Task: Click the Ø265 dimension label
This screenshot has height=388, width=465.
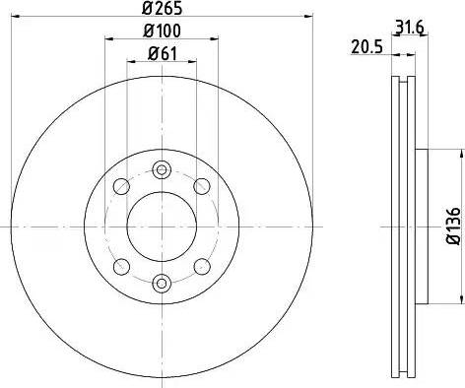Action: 162,8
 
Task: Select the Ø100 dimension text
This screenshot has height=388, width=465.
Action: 162,31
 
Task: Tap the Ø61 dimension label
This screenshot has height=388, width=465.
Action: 163,53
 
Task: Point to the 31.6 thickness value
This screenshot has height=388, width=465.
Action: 410,28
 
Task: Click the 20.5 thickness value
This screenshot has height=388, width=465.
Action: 366,47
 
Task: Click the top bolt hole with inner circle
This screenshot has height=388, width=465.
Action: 162,169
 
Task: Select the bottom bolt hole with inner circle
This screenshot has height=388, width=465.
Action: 162,283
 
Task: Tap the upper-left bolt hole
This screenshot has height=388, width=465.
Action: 121,186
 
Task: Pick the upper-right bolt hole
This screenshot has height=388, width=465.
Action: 202,186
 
